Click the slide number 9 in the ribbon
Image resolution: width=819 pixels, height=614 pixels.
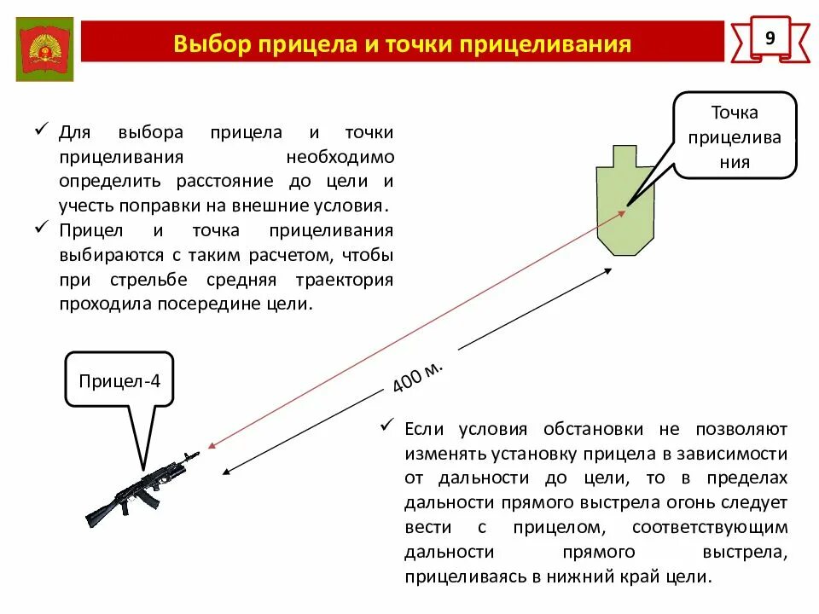770,38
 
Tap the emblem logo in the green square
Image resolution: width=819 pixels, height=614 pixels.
44,49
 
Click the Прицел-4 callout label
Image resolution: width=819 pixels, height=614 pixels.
119,379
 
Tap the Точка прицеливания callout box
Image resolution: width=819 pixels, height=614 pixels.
735,136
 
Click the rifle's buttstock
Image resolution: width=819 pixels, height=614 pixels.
97,512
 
